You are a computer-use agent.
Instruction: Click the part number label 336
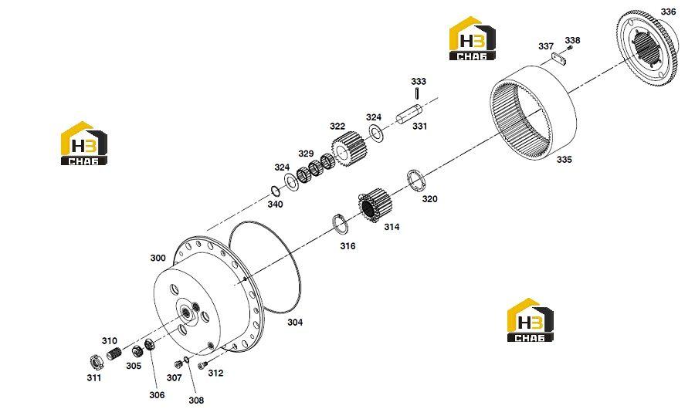click(669, 12)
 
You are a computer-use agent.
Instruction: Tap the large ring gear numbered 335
click(533, 112)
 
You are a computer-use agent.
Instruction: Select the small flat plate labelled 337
click(559, 59)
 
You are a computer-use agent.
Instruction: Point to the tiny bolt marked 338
click(570, 48)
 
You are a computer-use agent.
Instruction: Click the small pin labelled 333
click(418, 94)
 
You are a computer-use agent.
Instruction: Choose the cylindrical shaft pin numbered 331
click(409, 114)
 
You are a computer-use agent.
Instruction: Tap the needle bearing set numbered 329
click(316, 168)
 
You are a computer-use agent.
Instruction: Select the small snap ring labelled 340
click(275, 191)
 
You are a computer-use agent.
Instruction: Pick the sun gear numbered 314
click(375, 205)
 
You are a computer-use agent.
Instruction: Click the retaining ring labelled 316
click(340, 225)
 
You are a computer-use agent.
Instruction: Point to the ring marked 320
click(415, 181)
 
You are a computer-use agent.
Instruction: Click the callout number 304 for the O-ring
click(295, 322)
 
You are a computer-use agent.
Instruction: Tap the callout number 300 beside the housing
click(158, 258)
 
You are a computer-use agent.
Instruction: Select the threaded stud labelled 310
click(114, 353)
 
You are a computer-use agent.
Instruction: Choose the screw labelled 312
click(203, 365)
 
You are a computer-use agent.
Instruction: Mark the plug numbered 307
click(178, 364)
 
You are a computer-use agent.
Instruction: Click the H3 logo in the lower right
click(530, 320)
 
